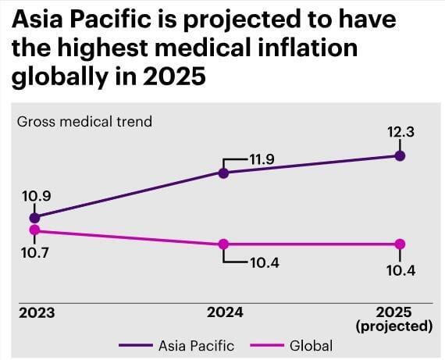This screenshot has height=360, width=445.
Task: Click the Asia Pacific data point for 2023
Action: click(x=34, y=217)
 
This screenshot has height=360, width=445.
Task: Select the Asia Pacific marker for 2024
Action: click(x=223, y=173)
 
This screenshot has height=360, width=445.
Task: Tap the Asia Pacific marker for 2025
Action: click(x=400, y=155)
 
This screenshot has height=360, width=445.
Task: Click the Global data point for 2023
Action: click(x=34, y=230)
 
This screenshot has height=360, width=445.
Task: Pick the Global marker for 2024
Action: click(x=223, y=244)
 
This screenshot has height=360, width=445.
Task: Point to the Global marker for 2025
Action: click(x=400, y=244)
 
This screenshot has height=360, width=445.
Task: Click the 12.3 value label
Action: click(x=400, y=133)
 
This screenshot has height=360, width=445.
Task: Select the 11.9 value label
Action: click(x=262, y=159)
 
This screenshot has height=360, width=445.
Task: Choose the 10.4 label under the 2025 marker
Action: click(x=400, y=270)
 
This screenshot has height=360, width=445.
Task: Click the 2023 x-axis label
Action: click(x=37, y=312)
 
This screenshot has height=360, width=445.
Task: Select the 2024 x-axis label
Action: click(x=225, y=312)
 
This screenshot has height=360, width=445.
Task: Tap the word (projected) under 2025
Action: click(x=394, y=326)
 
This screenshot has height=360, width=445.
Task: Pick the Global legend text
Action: click(x=310, y=345)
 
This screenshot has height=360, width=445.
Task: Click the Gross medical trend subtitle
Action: click(x=84, y=121)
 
